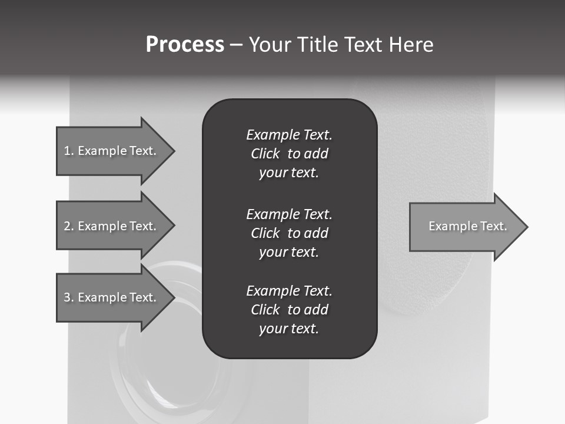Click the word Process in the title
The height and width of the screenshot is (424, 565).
pos(185,45)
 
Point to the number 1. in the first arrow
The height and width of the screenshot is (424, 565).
pos(69,151)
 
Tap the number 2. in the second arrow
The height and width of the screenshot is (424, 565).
pos(69,226)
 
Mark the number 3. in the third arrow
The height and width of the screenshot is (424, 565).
pos(69,297)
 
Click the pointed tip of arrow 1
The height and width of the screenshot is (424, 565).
pos(172,151)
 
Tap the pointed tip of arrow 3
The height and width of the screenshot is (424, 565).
pos(172,297)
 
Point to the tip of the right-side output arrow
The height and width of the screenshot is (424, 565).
pos(526,227)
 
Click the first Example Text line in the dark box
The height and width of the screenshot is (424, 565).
pos(289,135)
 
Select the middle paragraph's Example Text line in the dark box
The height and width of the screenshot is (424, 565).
pos(289,214)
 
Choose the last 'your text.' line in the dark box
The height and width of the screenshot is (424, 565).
pos(289,329)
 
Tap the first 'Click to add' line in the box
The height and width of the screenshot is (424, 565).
pos(289,154)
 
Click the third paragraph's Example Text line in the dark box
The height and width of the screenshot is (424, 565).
pos(289,291)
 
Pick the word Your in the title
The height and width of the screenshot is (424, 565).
pos(272,45)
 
